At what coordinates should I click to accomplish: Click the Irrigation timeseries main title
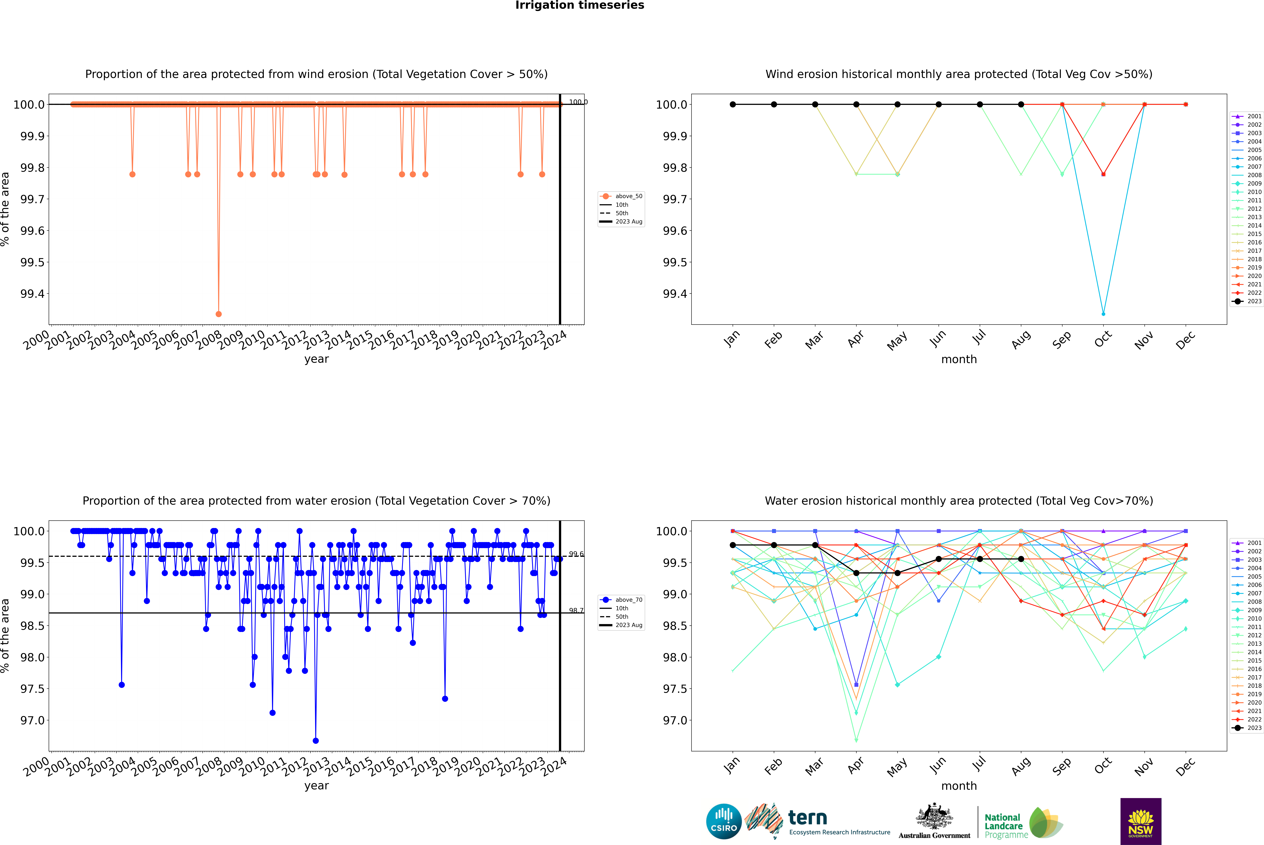579,5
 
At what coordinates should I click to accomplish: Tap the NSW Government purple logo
1141,821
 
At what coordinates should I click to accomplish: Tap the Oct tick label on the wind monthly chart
1103,339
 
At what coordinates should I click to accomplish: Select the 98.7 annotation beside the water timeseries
576,611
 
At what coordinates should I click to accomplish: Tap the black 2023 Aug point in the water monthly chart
1021,559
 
